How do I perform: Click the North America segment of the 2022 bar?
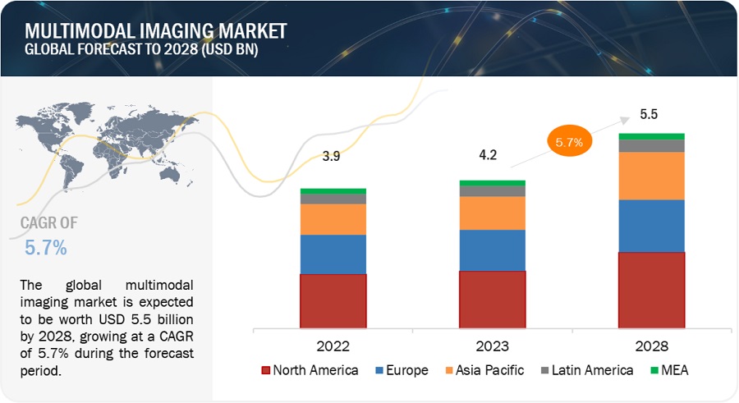333,300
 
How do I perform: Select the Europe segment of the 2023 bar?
492,250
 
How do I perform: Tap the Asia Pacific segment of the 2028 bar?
651,176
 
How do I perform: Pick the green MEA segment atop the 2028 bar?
651,136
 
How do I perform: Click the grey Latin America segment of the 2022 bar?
333,199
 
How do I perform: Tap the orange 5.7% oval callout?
568,142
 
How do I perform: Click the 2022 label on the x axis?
333,346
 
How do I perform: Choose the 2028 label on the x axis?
651,346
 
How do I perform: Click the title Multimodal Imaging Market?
156,31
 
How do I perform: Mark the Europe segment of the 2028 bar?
651,226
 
